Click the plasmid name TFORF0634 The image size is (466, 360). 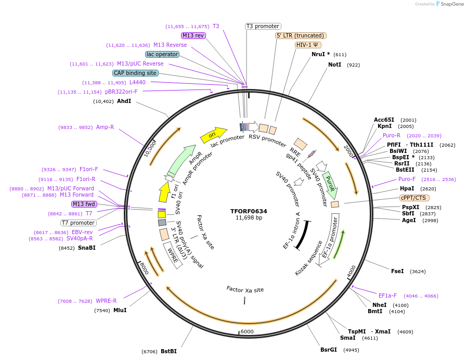249,211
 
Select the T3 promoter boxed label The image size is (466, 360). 263,26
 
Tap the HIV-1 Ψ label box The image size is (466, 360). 307,45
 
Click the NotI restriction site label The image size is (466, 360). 334,65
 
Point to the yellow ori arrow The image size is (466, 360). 213,135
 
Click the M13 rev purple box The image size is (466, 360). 193,35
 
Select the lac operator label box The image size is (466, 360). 162,54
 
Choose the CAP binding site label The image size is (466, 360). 135,73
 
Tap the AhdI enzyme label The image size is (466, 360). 124,101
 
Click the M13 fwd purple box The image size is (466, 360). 84,204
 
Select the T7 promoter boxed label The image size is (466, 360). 79,223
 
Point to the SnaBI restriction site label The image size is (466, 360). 87,248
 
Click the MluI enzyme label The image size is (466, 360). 120,310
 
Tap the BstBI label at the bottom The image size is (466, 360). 169,351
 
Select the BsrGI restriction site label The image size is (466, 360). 329,350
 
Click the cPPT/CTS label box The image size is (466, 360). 413,198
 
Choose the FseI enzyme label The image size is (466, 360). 397,271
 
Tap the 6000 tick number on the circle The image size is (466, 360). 247,331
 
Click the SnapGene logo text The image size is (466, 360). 450,4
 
